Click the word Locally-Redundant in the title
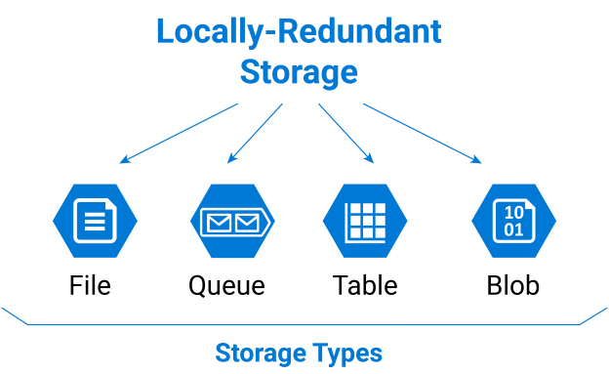coord(299,31)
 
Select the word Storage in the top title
coord(299,72)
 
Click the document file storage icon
coord(94,220)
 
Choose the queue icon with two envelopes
coord(232,221)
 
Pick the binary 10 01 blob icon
coord(513,221)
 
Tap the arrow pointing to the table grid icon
coord(345,133)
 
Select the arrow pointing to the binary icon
coord(423,133)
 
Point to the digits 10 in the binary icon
coord(513,212)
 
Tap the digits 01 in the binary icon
coord(513,230)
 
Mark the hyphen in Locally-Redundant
coord(271,33)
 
